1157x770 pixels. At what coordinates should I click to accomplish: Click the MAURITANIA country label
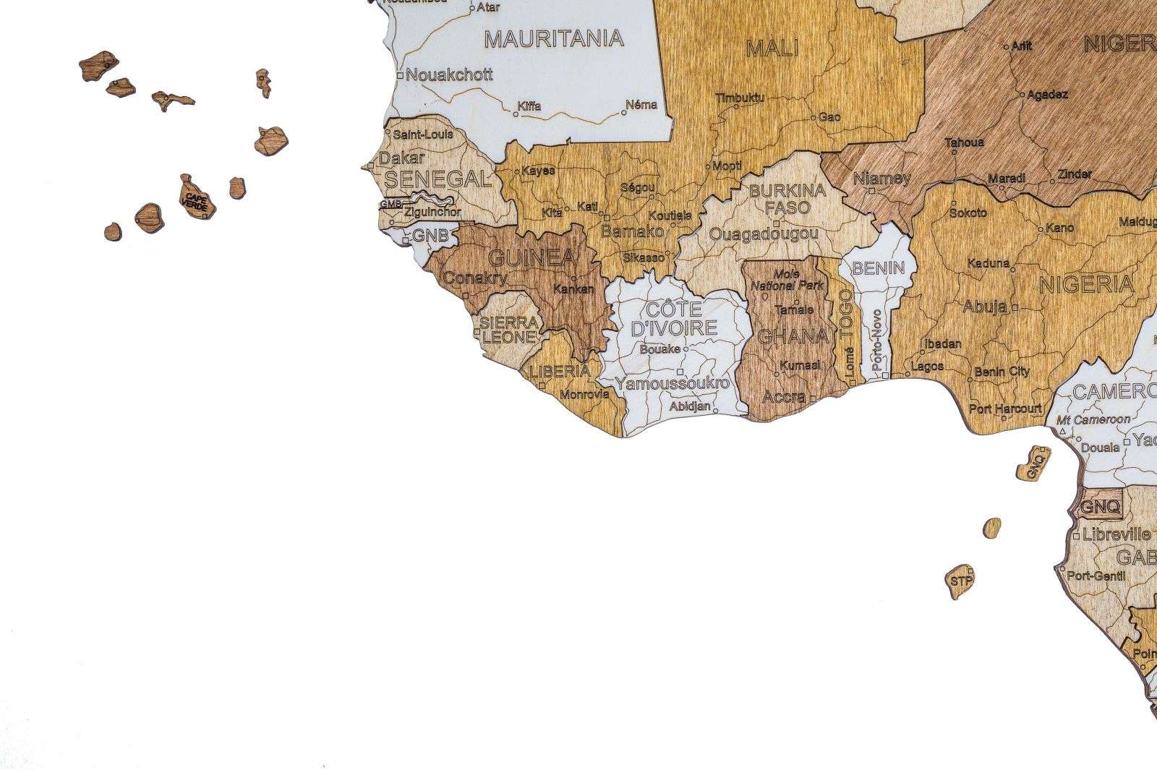click(553, 38)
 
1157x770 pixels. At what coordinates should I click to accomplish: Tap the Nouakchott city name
click(448, 74)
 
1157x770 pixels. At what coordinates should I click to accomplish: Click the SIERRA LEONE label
click(510, 329)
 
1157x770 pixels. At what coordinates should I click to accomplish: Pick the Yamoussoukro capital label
click(672, 383)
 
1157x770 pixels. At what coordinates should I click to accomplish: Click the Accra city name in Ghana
click(784, 397)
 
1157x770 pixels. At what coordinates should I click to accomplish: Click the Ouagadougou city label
click(764, 234)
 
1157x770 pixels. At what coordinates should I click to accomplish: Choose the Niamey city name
click(881, 179)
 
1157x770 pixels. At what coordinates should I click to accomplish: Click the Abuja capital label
click(985, 307)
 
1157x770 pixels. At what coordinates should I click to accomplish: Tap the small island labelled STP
click(960, 580)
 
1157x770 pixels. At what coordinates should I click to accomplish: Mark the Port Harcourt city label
click(1004, 408)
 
